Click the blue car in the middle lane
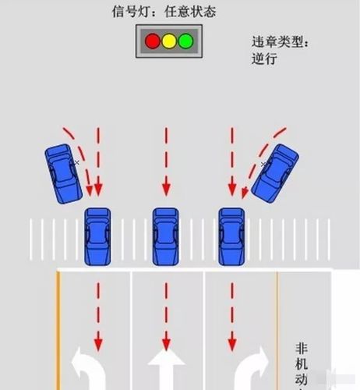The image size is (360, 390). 164,236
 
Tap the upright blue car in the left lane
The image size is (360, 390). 97,236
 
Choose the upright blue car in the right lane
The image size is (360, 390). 231,236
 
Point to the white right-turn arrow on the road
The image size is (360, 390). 249,371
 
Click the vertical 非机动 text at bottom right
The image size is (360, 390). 302,367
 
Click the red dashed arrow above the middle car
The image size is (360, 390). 164,160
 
